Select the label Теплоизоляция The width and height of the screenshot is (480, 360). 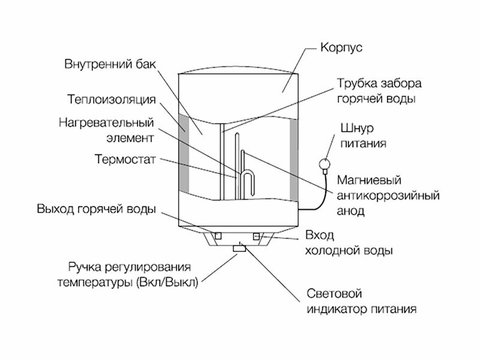112,98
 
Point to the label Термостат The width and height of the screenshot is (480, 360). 125,160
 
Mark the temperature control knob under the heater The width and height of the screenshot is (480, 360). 239,247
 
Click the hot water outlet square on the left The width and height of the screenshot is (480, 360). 219,235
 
